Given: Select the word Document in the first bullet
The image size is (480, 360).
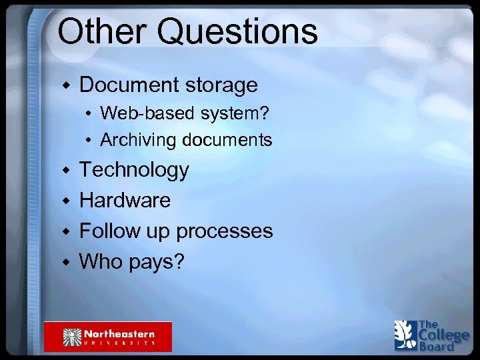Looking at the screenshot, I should pyautogui.click(x=127, y=85).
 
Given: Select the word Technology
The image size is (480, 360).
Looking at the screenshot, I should pyautogui.click(x=134, y=171).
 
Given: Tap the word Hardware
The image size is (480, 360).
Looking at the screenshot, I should pyautogui.click(x=125, y=200).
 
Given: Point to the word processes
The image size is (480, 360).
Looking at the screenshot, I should pyautogui.click(x=225, y=232).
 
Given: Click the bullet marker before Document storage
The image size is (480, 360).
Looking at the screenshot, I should pyautogui.click(x=65, y=85).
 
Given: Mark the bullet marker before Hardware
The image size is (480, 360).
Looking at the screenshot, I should pyautogui.click(x=65, y=201).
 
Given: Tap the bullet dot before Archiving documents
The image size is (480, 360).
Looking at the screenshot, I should pyautogui.click(x=89, y=141).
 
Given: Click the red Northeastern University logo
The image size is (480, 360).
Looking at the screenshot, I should pyautogui.click(x=108, y=336).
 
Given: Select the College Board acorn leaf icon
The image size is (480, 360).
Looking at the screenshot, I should pyautogui.click(x=405, y=335).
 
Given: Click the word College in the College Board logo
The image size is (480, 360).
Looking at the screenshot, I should pyautogui.click(x=443, y=335).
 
